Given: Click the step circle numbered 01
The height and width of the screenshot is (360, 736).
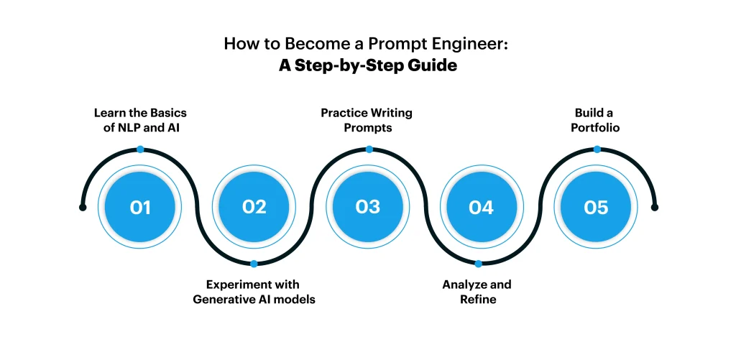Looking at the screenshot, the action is tap(140, 207).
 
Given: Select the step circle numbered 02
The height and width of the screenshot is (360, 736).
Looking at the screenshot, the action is tap(254, 207).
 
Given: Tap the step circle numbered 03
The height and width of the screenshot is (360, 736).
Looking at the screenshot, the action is tap(367, 207).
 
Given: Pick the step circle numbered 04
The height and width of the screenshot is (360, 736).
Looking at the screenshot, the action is tap(481, 207).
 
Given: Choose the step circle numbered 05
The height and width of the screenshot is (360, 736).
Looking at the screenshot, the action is tap(596, 207).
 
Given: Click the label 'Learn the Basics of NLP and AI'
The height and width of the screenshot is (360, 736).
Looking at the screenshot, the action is tap(140, 120).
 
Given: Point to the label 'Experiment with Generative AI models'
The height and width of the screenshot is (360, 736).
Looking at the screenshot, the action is tap(254, 292).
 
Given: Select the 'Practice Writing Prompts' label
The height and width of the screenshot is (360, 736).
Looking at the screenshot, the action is tap(367, 120).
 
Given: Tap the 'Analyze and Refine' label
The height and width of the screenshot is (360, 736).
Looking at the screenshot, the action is tap(477, 292).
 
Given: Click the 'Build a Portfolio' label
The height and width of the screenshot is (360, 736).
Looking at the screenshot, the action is tap(595, 120).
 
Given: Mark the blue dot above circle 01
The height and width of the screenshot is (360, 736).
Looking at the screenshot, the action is tap(140, 149).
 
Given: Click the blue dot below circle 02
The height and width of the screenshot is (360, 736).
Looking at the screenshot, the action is tap(254, 264).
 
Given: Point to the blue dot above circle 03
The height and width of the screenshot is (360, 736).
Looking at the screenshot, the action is tap(369, 149).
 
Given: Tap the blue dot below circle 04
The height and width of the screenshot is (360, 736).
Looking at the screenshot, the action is tap(478, 264).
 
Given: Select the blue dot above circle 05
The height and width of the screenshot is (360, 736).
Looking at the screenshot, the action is tap(597, 149).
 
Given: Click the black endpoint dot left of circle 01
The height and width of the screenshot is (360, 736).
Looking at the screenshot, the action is tap(83, 207).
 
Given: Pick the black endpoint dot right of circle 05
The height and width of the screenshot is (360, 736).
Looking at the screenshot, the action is tap(655, 207).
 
